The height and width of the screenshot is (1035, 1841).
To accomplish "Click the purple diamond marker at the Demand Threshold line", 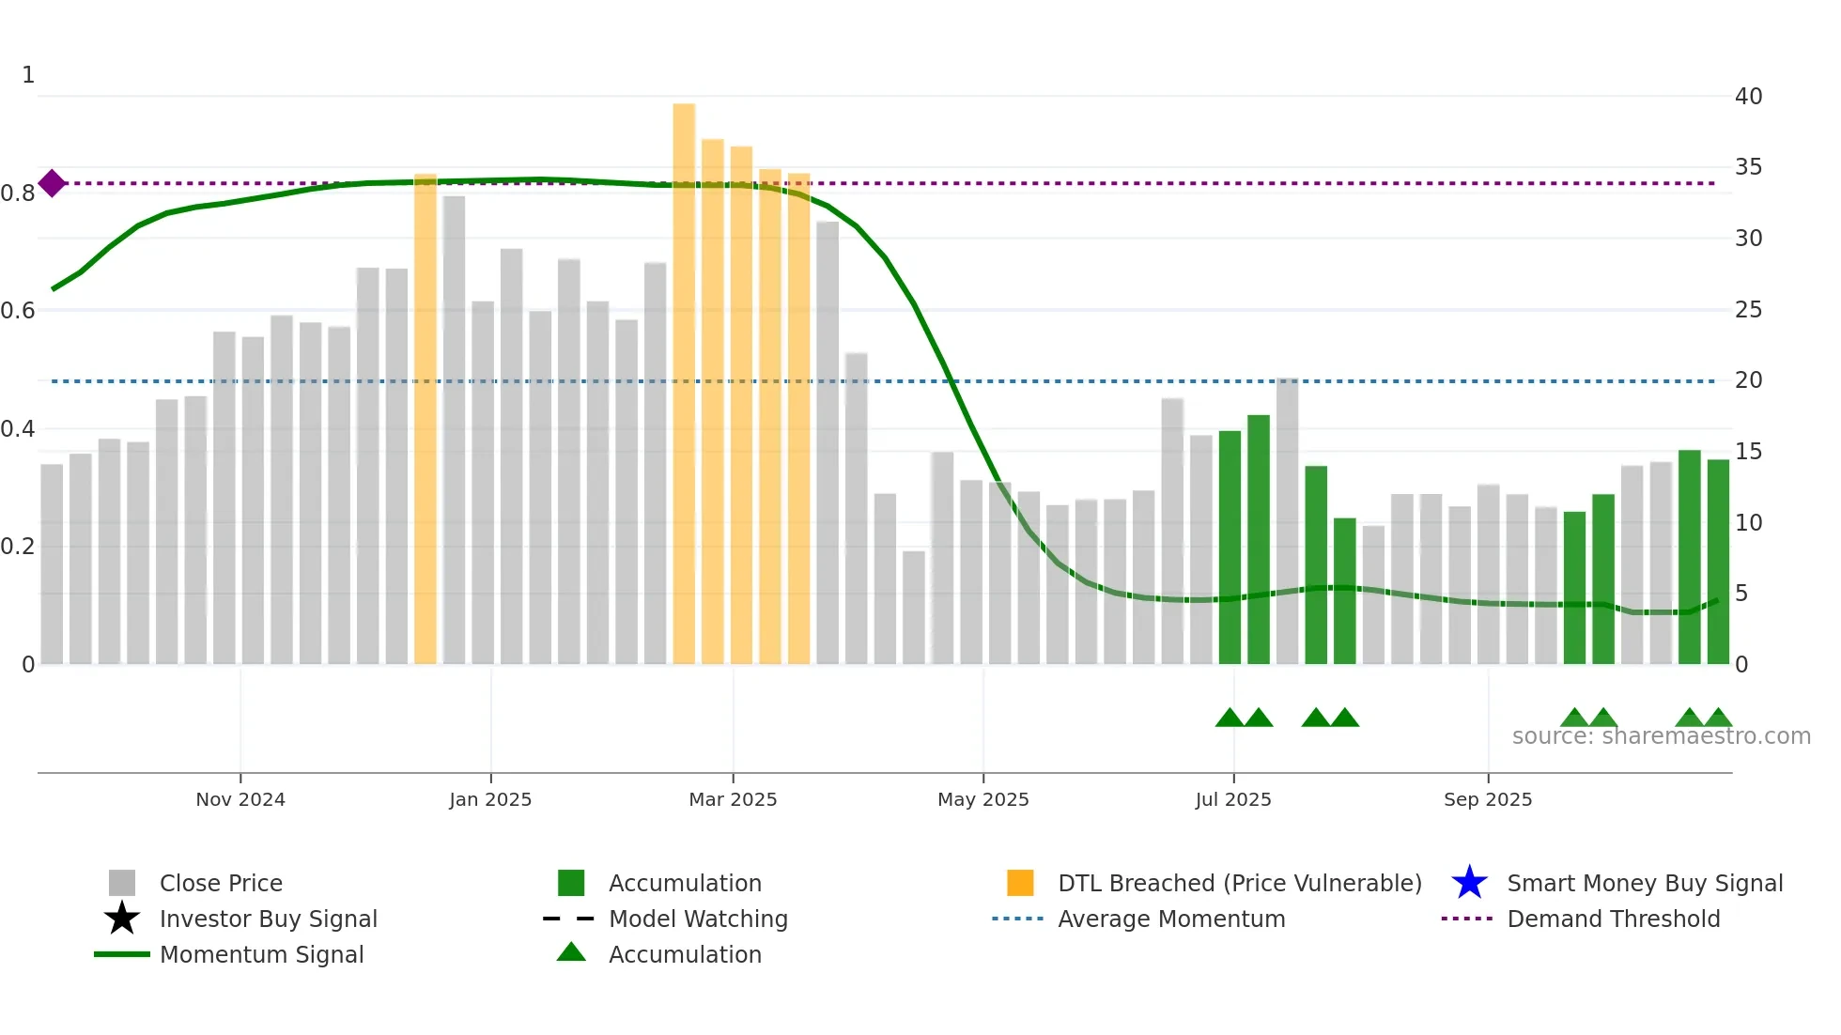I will pos(53,183).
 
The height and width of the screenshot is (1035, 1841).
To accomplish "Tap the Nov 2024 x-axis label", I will pos(240,799).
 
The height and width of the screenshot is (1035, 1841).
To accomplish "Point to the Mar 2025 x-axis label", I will pos(733,799).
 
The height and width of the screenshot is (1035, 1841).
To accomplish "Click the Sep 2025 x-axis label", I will pos(1488,799).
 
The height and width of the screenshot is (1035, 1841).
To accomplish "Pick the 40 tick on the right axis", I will pos(1748,96).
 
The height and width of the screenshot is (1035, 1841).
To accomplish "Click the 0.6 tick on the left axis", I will pos(18,310).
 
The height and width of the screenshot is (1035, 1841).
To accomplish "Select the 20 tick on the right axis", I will pos(1748,380).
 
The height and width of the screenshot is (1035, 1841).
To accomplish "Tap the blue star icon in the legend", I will pos(1469,883).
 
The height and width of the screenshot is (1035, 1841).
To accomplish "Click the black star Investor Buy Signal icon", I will pos(122,919).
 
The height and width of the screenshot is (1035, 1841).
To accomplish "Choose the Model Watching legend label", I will pos(698,919).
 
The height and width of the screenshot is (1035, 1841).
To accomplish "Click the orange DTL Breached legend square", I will pos(1020,883).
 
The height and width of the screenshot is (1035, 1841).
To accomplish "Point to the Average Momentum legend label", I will pos(1171,919).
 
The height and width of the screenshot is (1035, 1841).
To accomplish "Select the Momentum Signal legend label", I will pos(261,954).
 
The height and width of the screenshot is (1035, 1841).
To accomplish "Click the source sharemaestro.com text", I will pos(1661,736).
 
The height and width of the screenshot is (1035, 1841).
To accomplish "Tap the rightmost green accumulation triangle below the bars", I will pos(1718,718).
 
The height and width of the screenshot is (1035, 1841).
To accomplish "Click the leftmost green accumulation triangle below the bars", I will pos(1230,718).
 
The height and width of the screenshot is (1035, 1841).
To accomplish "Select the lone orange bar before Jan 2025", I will pos(425,419).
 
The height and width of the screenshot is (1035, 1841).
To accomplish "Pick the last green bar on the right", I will pos(1718,562).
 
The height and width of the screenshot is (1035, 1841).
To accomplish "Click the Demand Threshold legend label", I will pos(1613,919).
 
